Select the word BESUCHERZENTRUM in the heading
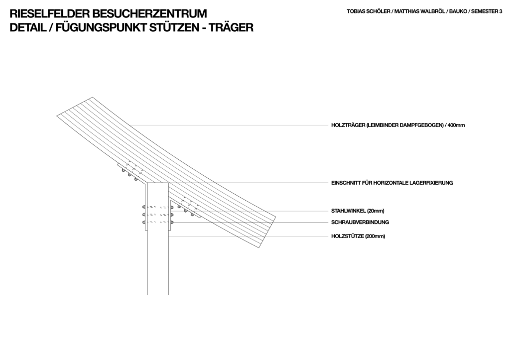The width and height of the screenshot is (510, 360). coord(149,13)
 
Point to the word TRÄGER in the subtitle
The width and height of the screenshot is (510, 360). coord(231,28)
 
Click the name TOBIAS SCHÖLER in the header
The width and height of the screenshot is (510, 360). coord(369,11)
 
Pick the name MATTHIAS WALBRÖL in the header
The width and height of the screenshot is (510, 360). coord(419,11)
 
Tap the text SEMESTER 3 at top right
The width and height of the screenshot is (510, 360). coord(487,11)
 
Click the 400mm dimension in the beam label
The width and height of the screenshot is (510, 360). coord(456,125)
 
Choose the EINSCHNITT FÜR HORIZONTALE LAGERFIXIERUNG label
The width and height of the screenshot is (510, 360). coord(392,183)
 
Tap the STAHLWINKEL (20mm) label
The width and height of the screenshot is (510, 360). coord(358,211)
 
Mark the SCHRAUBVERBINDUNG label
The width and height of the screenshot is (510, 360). coord(360,223)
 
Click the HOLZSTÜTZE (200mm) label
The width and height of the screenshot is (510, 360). coord(358,236)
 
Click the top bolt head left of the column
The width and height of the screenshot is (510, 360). coord(143,207)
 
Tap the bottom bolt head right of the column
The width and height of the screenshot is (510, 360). coord(171,223)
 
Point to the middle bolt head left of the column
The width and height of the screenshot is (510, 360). coord(143,215)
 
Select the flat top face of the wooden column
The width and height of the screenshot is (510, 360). coord(158,183)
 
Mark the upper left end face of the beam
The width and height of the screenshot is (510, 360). coord(75,107)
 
